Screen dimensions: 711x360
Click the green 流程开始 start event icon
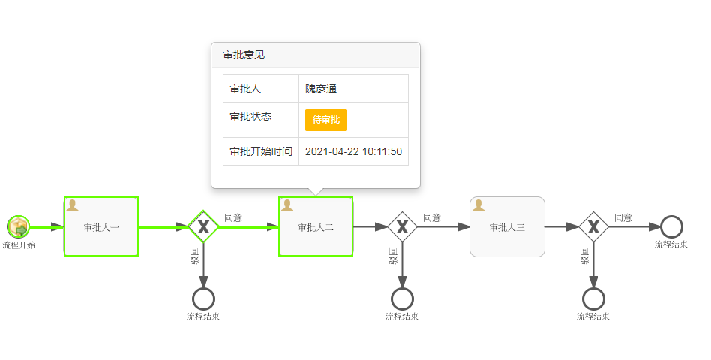point(19,226)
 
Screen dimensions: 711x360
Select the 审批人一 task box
point(101,226)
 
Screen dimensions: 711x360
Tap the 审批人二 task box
point(316,226)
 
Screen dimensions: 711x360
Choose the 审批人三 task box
point(508,226)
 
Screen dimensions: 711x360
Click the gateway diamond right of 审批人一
point(203,226)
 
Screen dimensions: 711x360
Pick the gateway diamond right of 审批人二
point(402,226)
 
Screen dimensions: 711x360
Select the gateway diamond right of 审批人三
point(593,226)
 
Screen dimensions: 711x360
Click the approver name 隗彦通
point(321,88)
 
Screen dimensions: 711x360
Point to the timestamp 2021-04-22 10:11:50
point(354,151)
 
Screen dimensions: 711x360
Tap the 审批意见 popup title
point(244,55)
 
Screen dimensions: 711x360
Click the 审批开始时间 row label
point(261,151)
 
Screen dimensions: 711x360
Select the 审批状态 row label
point(250,116)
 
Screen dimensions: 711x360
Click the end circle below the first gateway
point(203,298)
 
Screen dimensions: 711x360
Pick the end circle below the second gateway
point(402,298)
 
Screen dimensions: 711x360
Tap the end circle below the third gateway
point(593,298)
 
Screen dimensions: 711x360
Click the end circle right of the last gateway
point(671,226)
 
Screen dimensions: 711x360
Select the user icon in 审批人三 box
point(478,205)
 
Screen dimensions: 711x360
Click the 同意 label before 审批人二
point(233,217)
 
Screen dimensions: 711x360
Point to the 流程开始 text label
point(19,245)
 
